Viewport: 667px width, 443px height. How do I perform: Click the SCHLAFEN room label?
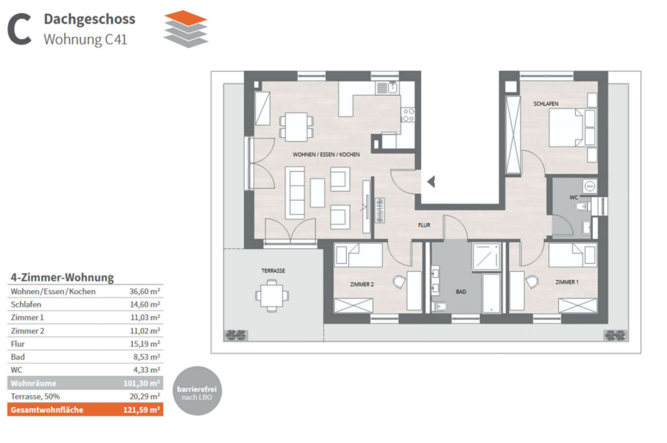[545, 104]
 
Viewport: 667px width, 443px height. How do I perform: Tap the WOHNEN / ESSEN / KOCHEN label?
[326, 155]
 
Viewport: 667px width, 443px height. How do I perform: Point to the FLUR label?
[424, 225]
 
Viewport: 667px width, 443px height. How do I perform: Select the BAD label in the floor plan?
[461, 292]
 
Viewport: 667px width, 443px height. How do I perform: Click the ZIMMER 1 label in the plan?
[567, 282]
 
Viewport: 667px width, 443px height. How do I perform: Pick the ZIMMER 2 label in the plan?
[362, 284]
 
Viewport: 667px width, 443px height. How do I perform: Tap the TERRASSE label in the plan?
[273, 271]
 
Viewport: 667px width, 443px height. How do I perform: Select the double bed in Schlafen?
[568, 128]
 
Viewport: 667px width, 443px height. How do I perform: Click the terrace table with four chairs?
[272, 296]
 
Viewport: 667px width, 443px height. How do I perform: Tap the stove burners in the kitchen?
[408, 115]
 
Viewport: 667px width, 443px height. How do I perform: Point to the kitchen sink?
[387, 87]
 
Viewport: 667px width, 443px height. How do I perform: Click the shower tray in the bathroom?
[486, 256]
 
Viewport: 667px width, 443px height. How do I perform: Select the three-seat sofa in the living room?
[295, 193]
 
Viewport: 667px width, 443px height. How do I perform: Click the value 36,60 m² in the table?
[145, 292]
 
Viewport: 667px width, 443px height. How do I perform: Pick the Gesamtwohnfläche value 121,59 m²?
[142, 410]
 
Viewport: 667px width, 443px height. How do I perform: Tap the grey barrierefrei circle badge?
[197, 391]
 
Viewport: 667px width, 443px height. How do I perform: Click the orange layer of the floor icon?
[186, 19]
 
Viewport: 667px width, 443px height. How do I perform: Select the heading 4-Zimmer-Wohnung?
[62, 278]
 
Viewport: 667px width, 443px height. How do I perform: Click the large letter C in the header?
[19, 29]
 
